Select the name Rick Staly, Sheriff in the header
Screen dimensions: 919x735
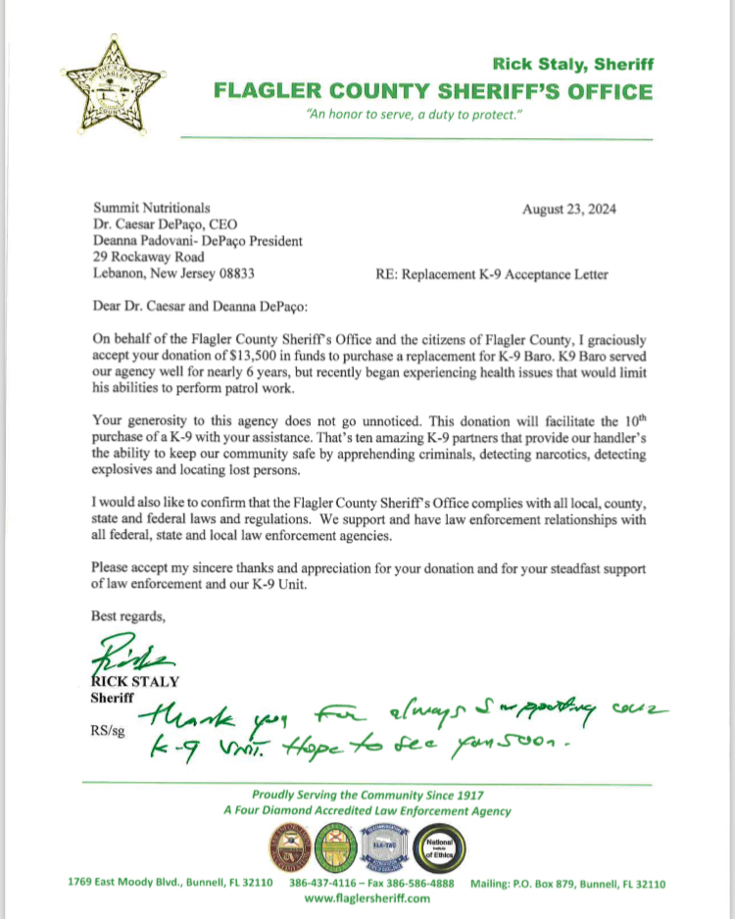click(x=572, y=65)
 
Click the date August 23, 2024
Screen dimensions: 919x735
click(x=569, y=208)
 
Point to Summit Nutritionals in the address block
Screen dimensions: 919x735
click(x=151, y=208)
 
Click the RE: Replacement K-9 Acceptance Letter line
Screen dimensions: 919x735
click(x=491, y=274)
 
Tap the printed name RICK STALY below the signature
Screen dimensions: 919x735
click(x=128, y=680)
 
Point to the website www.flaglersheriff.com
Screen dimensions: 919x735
click(x=367, y=897)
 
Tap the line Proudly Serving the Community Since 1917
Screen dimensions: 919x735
click(x=367, y=795)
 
